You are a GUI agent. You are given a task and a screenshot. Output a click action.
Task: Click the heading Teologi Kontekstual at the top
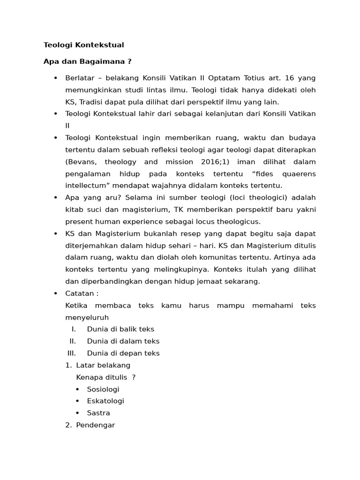(83, 45)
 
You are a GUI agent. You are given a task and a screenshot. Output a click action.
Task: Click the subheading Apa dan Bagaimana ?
(87, 61)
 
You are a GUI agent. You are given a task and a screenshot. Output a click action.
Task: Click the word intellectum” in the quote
(89, 186)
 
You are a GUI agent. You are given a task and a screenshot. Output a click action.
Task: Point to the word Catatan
(82, 293)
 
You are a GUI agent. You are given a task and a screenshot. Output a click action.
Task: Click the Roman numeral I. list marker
(74, 329)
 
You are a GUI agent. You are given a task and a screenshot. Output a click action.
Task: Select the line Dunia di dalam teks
(123, 341)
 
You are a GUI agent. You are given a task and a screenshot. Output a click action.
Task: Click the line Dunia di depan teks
(123, 353)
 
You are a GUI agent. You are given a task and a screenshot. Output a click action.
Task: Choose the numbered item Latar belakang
(103, 365)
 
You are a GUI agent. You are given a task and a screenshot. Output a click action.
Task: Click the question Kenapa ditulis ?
(105, 377)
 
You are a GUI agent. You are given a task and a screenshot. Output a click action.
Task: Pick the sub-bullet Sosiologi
(103, 389)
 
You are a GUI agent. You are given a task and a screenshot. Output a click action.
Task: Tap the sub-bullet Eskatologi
(105, 401)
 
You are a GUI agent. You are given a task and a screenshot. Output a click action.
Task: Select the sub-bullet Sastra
(98, 413)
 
